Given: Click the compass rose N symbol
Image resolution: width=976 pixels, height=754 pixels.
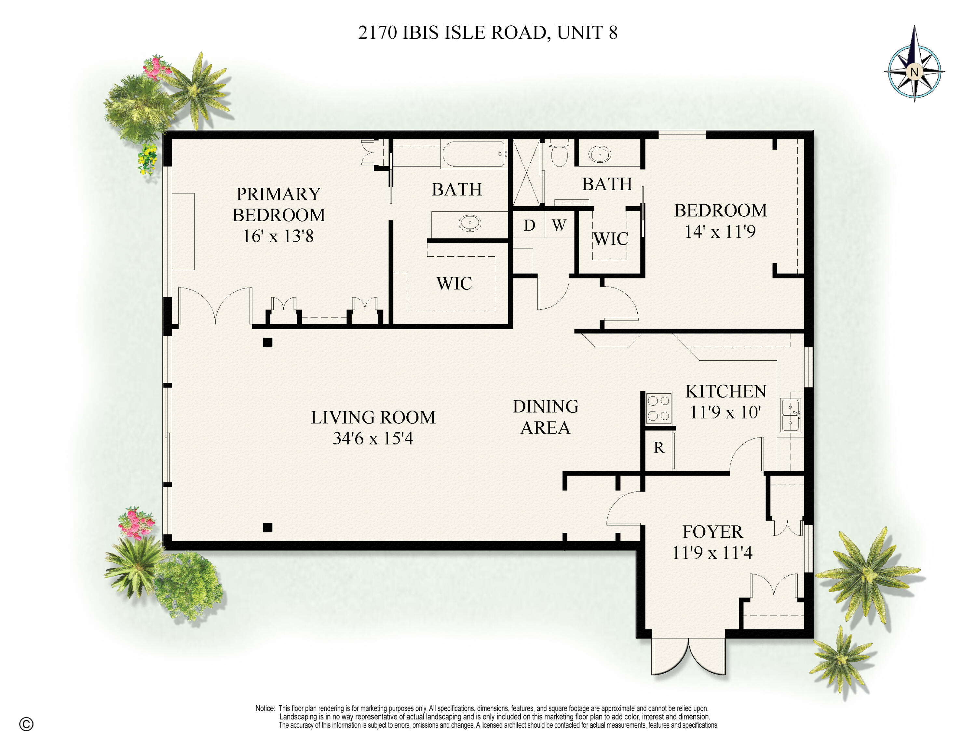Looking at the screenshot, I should [x=914, y=72].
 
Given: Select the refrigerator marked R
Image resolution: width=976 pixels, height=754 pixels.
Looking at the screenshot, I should [x=658, y=448].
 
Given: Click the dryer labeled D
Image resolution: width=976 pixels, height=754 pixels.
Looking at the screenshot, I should [x=529, y=225].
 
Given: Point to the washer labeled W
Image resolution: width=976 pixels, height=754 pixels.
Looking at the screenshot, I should [x=559, y=225].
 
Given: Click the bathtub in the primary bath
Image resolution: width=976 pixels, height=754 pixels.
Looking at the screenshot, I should [x=474, y=154].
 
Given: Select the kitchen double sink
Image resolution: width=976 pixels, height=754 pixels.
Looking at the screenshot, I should [x=790, y=415].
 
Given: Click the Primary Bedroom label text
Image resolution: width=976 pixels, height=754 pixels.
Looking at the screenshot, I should [x=278, y=205].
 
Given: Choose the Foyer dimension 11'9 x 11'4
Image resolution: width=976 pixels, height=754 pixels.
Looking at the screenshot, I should [x=712, y=553].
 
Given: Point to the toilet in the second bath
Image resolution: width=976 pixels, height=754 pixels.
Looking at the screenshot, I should [x=559, y=153].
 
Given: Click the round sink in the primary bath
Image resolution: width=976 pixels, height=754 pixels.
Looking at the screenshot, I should [x=470, y=222].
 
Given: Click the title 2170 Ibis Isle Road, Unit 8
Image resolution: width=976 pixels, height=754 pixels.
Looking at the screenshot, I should [x=488, y=33].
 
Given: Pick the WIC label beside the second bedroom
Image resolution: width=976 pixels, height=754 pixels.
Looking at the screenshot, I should [x=610, y=239].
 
